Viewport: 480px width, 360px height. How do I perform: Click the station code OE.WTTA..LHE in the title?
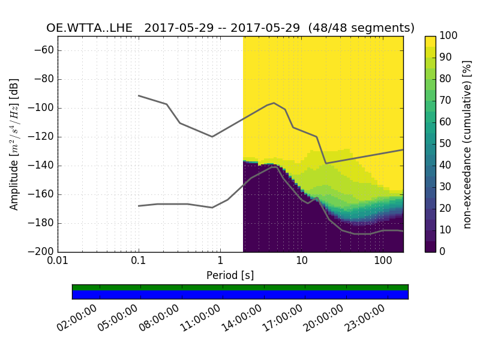click(89, 28)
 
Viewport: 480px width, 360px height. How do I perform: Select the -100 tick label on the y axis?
click(43, 108)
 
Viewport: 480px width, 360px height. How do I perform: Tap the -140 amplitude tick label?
click(43, 166)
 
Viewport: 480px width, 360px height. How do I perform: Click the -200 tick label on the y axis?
click(43, 251)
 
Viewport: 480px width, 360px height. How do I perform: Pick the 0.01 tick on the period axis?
click(58, 262)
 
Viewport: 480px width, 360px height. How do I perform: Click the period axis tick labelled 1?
click(220, 262)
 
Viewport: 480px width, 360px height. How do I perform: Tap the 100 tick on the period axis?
click(383, 262)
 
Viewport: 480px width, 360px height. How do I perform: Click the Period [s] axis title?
click(230, 275)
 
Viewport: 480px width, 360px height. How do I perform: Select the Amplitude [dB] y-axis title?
click(14, 144)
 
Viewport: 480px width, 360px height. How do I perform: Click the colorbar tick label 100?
click(449, 36)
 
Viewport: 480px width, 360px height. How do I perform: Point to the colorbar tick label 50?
click(446, 143)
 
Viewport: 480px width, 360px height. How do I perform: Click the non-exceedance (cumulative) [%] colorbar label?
click(468, 144)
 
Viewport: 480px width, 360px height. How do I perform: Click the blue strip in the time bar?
click(240, 295)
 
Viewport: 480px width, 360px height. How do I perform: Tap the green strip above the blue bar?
click(240, 287)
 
